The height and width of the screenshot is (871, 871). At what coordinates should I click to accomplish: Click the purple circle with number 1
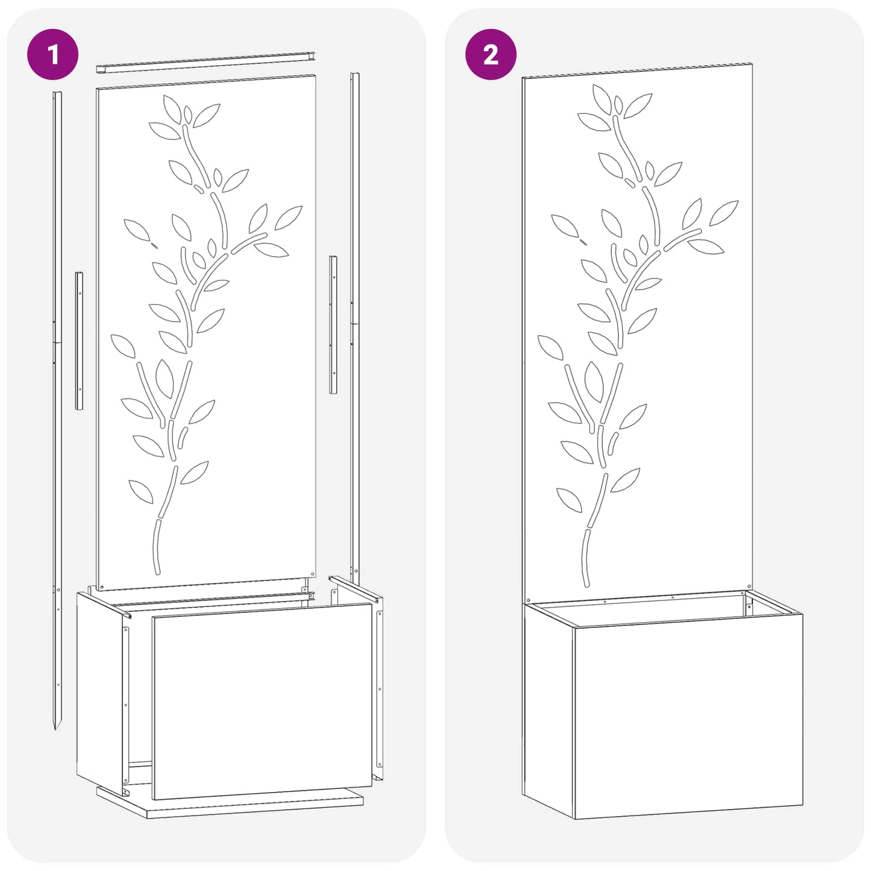click(x=53, y=54)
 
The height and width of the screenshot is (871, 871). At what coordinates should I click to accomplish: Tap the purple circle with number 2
click(x=491, y=54)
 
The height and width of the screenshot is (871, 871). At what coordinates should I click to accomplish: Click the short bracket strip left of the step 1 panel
click(x=79, y=341)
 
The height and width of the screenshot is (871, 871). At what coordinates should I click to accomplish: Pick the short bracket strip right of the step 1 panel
click(x=333, y=324)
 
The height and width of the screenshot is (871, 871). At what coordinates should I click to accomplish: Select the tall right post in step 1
click(x=356, y=325)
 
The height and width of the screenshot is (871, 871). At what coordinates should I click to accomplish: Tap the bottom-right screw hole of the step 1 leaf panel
click(x=312, y=573)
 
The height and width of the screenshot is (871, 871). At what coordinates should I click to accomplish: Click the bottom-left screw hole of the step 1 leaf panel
click(x=102, y=586)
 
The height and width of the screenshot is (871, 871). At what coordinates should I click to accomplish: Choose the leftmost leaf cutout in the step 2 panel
click(x=550, y=348)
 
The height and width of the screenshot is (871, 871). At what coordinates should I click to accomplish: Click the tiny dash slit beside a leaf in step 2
click(x=583, y=242)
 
